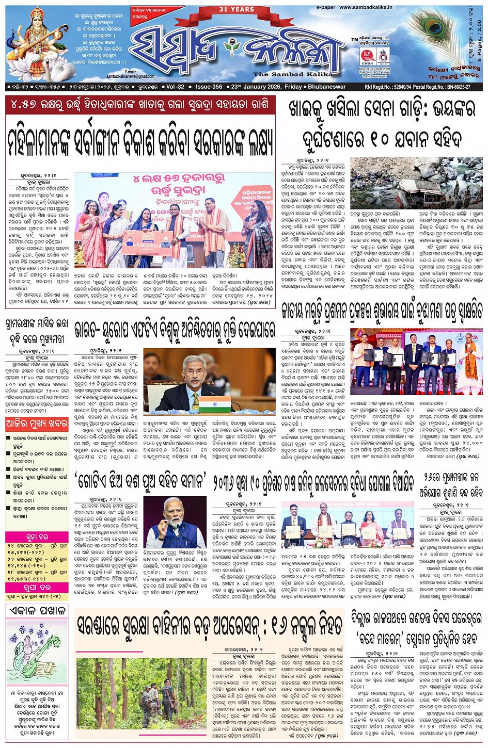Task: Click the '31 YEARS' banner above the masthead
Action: pyautogui.click(x=237, y=9)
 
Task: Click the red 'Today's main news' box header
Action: pyautogui.click(x=36, y=424)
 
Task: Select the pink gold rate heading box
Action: pyautogui.click(x=36, y=537)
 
